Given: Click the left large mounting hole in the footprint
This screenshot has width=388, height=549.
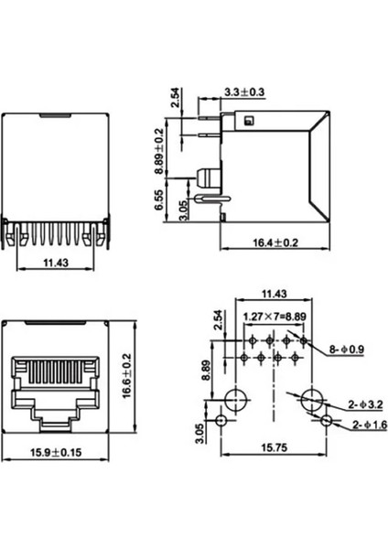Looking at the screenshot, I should (235, 398).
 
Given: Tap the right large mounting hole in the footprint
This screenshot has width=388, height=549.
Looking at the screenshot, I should (312, 398).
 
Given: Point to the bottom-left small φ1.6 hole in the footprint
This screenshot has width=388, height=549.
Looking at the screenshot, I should (222, 421).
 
